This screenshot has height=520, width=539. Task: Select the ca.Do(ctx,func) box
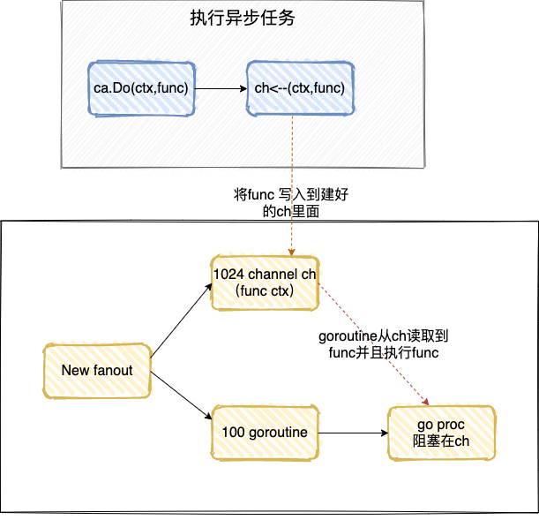[x=141, y=87]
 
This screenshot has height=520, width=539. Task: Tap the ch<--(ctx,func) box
[x=299, y=87]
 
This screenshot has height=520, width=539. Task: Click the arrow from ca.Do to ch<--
[x=220, y=87]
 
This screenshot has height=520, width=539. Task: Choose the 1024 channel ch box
[x=265, y=283]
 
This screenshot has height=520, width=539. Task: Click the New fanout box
[x=97, y=371]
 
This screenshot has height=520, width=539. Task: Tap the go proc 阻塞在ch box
[x=441, y=433]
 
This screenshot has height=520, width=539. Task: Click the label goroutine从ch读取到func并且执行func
[x=384, y=344]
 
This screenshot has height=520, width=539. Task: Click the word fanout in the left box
[x=112, y=371]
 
